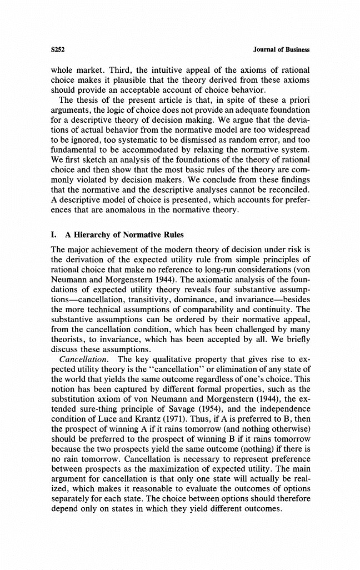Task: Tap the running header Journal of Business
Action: [x=281, y=49]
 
